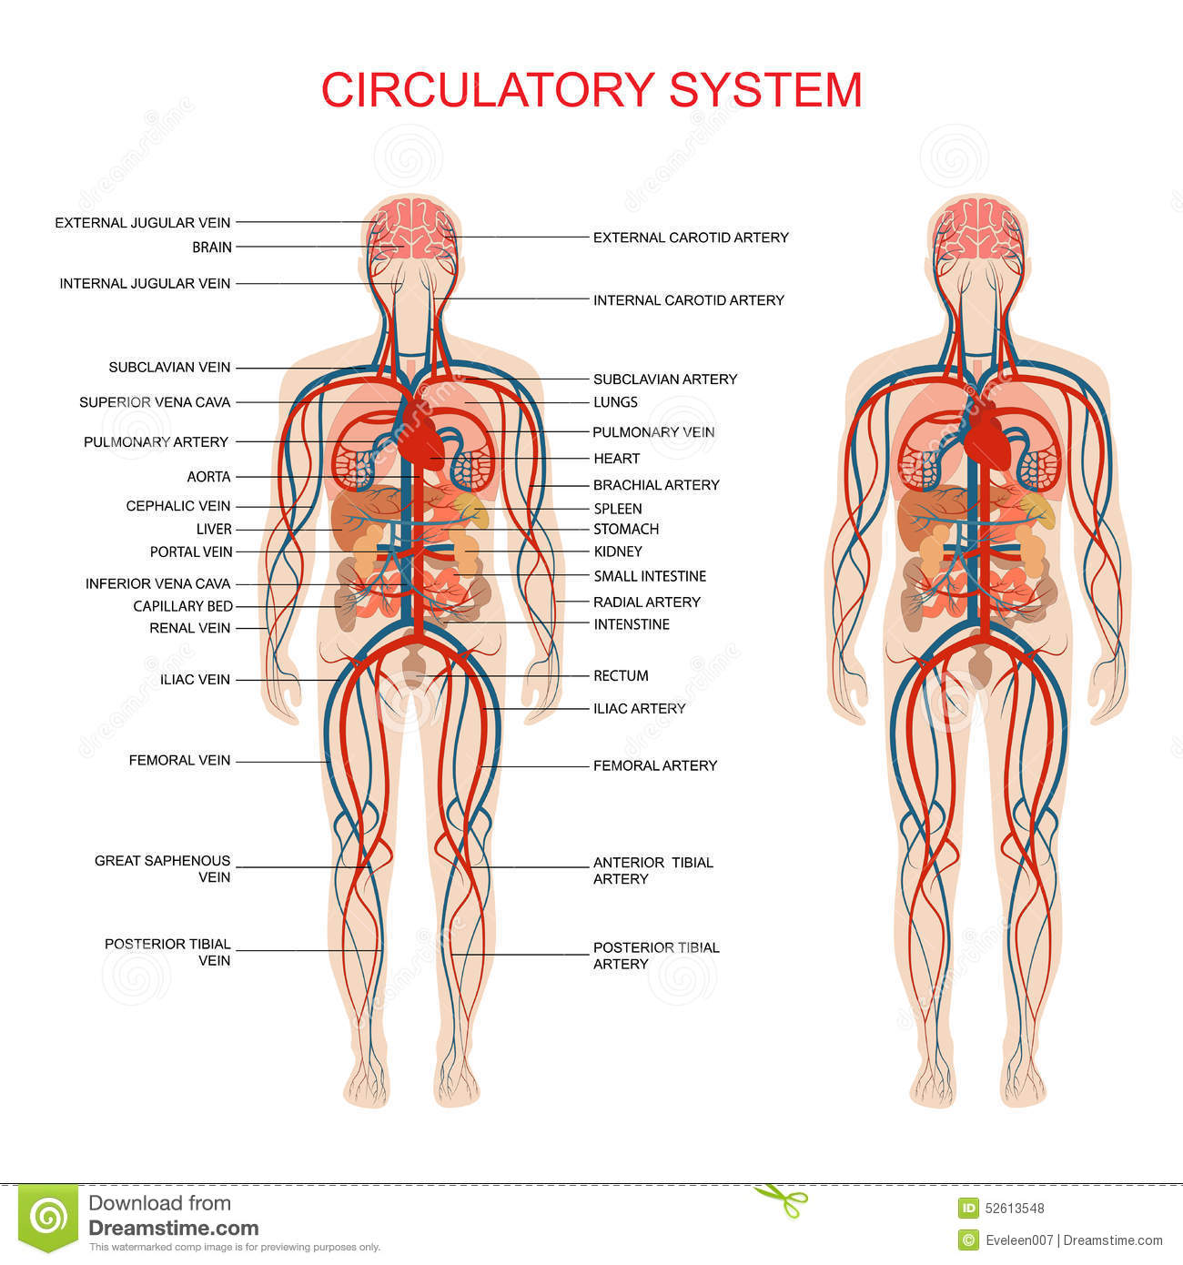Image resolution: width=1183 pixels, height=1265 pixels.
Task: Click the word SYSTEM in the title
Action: [765, 90]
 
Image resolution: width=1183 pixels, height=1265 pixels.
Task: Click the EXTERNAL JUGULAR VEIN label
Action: [143, 223]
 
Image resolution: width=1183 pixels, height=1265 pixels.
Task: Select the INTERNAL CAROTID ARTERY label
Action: [688, 300]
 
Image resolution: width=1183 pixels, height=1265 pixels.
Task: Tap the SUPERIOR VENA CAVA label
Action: [155, 402]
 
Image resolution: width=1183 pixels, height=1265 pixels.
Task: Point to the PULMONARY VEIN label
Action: [653, 432]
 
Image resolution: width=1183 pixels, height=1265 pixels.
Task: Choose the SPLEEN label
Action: [618, 509]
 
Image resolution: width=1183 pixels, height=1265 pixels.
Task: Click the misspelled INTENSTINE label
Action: [632, 624]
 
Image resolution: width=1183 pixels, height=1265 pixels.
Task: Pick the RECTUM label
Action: [621, 675]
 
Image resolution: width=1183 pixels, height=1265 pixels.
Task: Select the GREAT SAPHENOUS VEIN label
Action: [163, 869]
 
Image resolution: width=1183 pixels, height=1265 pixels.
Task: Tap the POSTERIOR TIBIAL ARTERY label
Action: [655, 956]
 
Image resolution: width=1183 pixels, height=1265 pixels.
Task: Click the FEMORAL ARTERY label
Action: [655, 766]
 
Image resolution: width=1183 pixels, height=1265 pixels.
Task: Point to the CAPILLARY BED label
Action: [183, 606]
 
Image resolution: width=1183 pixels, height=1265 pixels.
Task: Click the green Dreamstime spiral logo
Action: [48, 1217]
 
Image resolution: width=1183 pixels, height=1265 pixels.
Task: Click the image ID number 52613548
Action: [1015, 1209]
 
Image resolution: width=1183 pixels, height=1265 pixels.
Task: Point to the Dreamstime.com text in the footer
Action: [173, 1229]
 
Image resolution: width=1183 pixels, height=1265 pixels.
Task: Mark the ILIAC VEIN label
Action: [195, 680]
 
